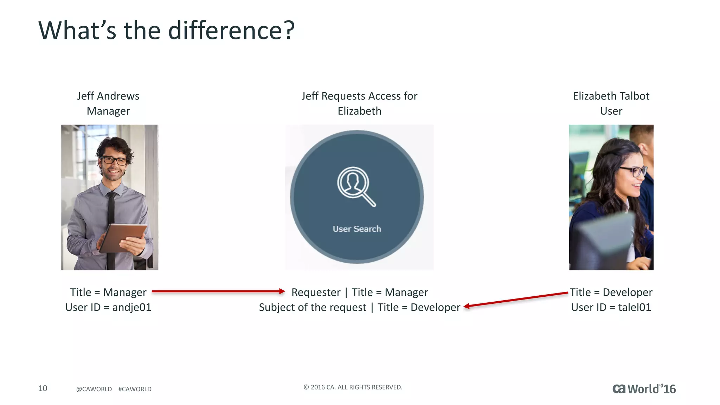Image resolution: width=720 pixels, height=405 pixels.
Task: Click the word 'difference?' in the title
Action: (231, 30)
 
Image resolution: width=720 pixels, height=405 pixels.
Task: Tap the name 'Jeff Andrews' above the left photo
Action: (108, 96)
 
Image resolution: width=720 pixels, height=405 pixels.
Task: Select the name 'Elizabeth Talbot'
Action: (611, 96)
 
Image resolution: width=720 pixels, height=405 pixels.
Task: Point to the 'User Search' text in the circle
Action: (356, 229)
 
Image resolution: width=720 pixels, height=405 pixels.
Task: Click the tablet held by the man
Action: (123, 237)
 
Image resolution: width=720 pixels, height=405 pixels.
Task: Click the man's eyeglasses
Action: (114, 161)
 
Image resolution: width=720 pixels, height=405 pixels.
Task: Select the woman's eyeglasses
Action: (633, 171)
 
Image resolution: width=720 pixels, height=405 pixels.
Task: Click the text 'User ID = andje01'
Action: (108, 307)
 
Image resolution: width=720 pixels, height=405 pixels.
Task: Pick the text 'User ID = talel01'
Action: (611, 307)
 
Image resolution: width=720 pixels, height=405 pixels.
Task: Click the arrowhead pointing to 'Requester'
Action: (282, 291)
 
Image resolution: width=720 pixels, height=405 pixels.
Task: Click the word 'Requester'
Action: (316, 292)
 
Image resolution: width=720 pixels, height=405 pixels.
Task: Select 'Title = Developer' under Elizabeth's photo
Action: (611, 292)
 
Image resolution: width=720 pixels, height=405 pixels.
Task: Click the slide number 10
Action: (43, 388)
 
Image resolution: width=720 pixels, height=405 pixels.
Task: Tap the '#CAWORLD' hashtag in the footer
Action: (135, 389)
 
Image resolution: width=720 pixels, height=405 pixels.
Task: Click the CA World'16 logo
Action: (644, 389)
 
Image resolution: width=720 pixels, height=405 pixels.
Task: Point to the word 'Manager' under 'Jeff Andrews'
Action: (108, 111)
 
